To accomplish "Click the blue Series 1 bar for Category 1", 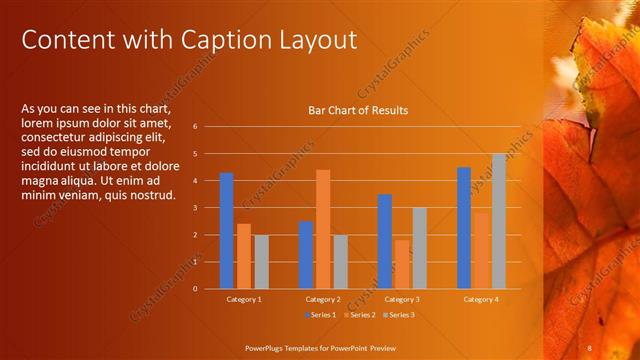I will click(226, 231).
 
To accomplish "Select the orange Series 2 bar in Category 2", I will click(323, 229).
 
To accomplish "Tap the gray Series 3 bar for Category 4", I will click(498, 221).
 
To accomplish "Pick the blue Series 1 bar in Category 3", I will click(385, 241).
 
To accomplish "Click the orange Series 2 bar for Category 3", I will click(402, 264).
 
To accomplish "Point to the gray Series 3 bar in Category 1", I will click(261, 262).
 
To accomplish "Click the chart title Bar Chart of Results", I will click(357, 110).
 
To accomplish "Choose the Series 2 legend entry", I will click(357, 315).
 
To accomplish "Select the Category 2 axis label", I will click(323, 299).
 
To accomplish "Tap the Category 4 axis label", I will click(480, 299).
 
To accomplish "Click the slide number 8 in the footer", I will click(590, 347).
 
